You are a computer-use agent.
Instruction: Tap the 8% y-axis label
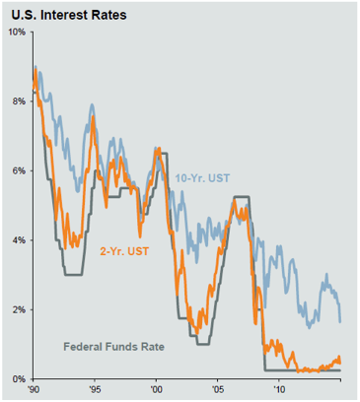[17, 100]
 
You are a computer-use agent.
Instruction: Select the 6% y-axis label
[17, 170]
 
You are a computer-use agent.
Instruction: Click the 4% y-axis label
[17, 239]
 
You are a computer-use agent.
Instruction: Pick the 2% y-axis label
[17, 309]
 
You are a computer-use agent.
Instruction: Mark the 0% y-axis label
[17, 378]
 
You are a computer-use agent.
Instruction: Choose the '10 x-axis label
[279, 390]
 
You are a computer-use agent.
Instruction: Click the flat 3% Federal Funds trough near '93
[72, 274]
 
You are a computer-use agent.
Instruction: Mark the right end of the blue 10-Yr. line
[340, 321]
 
